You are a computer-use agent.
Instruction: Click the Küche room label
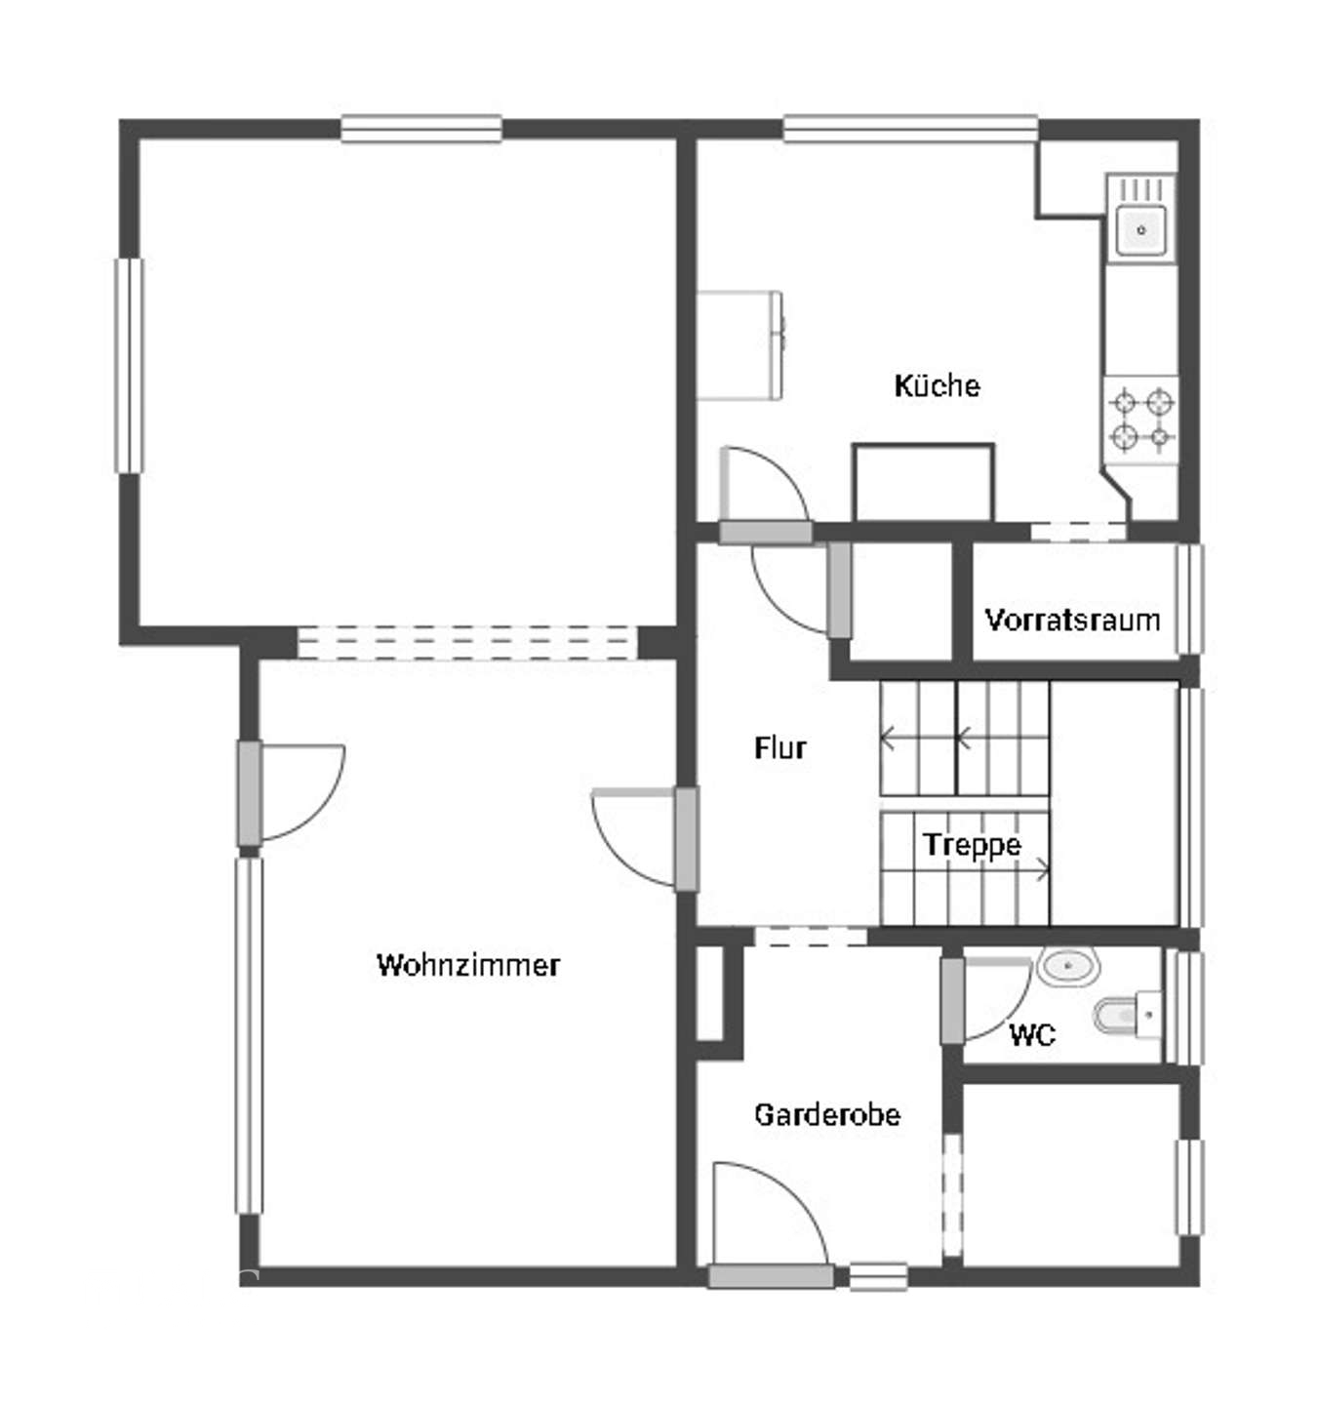(936, 385)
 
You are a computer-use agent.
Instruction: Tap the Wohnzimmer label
(467, 964)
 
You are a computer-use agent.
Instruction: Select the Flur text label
(779, 747)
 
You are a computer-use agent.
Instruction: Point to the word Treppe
(972, 845)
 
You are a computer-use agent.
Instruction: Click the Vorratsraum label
(1072, 620)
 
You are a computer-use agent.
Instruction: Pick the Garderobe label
(827, 1115)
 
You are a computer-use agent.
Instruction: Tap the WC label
(1032, 1036)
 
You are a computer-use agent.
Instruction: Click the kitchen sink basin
(1140, 228)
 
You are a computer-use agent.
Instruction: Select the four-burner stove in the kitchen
(1140, 421)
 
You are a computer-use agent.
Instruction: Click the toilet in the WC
(1127, 1015)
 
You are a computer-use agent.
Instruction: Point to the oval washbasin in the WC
(1068, 966)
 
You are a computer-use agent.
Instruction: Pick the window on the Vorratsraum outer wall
(1188, 599)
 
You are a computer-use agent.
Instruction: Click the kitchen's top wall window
(910, 129)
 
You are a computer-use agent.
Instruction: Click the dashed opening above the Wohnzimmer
(466, 642)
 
